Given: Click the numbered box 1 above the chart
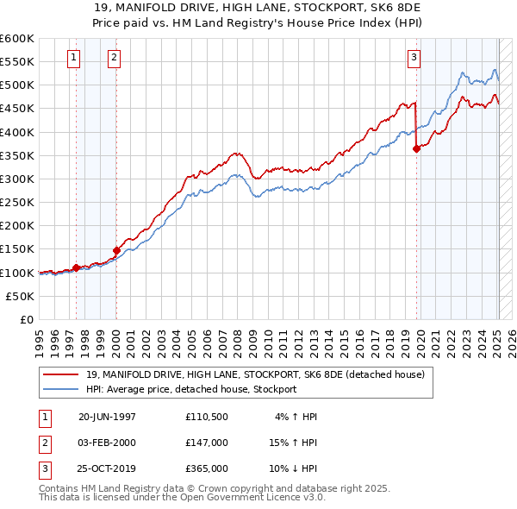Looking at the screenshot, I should point(73,58).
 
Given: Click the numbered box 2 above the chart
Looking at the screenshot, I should point(114,58).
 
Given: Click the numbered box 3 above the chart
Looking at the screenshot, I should point(414,58).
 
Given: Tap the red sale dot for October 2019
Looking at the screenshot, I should point(416,148).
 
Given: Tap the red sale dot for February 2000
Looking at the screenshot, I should point(116,250).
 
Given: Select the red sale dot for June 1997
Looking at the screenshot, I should point(76,267).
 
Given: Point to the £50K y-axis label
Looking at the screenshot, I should point(21,296).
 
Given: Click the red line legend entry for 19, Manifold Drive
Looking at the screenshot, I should point(255,374).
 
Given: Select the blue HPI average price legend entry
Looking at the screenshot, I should point(190,389).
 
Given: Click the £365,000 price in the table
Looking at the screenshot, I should point(206,468).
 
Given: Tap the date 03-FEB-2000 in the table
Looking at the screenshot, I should point(107,443).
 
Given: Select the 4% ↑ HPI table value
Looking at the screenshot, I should point(296,416).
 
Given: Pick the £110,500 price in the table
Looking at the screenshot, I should point(206,416).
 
